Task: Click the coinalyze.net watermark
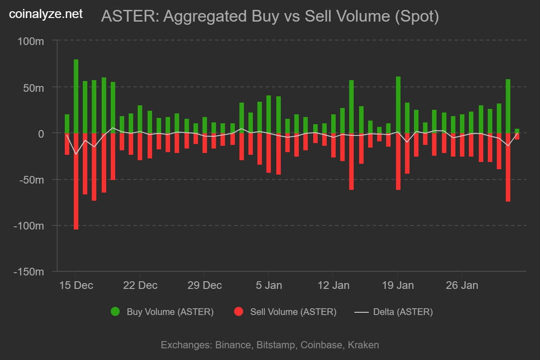tap(46, 14)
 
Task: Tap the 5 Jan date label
tap(269, 285)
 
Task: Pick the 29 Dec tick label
tap(204, 285)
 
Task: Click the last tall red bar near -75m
tap(508, 167)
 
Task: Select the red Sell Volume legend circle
tap(238, 311)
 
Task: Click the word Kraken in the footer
tap(364, 345)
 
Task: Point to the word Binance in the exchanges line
tap(233, 345)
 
